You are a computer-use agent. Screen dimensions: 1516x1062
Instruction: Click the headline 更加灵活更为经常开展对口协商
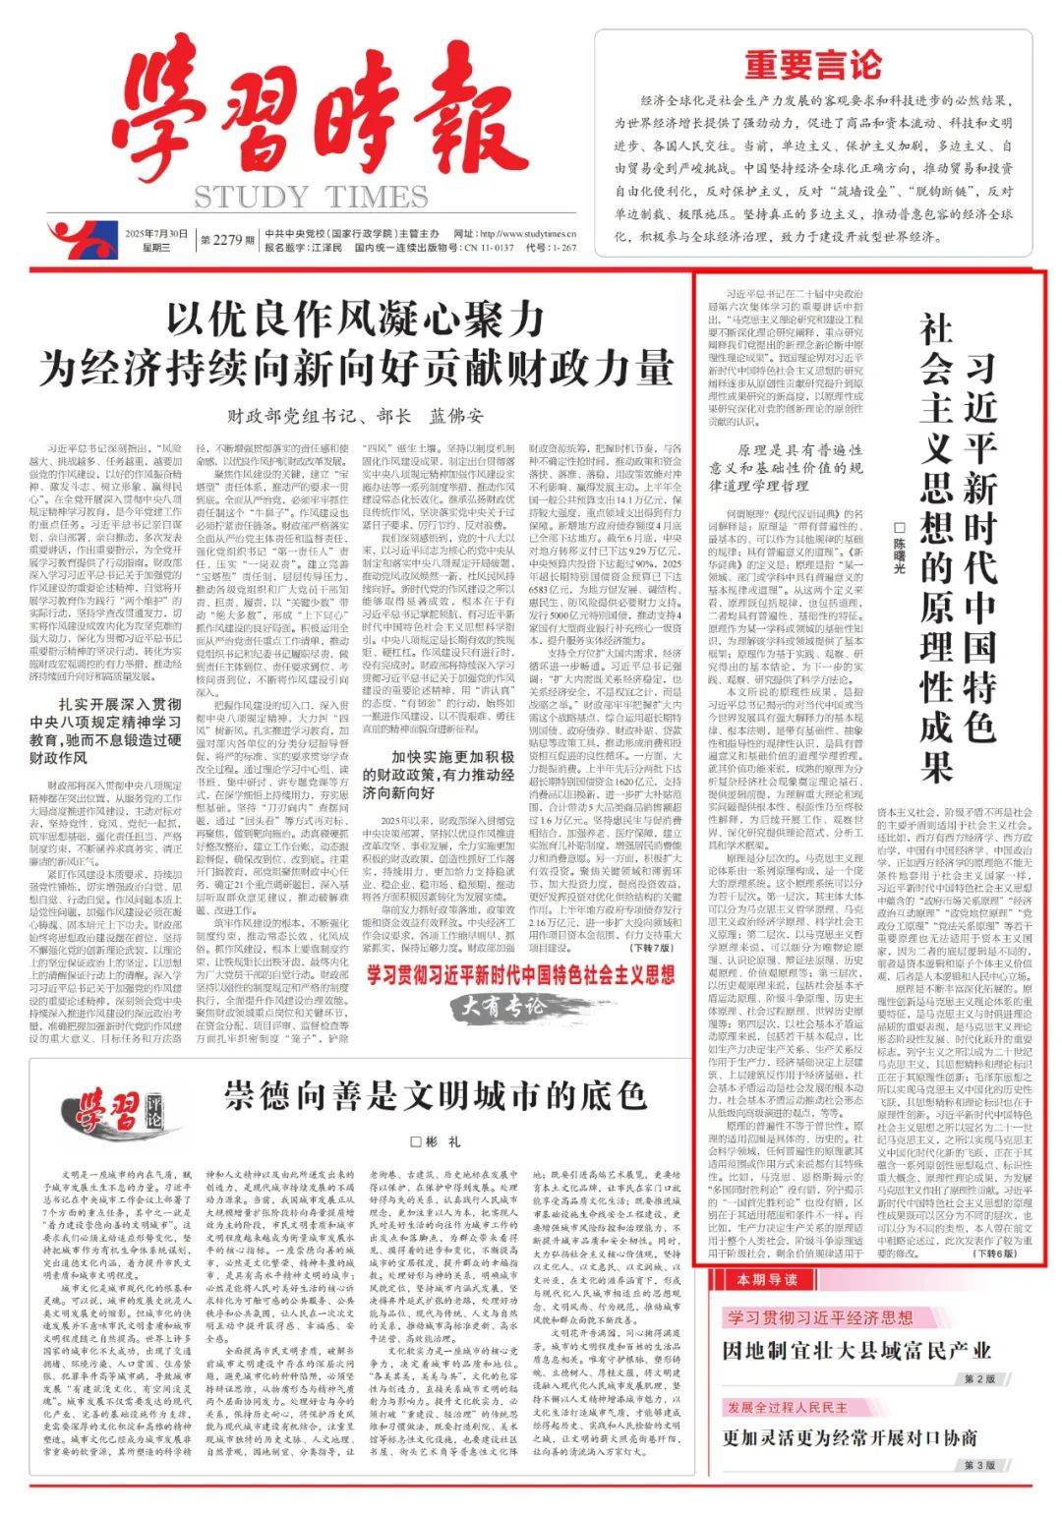[850, 1436]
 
